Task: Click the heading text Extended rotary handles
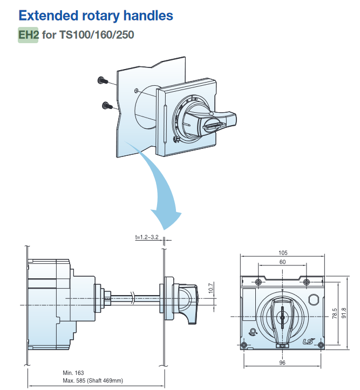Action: (x=96, y=15)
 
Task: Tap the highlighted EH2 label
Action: (x=28, y=36)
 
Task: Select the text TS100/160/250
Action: (x=97, y=36)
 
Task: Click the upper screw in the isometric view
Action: (x=102, y=81)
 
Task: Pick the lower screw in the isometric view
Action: (x=106, y=105)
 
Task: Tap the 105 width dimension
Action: (x=283, y=252)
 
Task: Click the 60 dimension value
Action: (x=283, y=262)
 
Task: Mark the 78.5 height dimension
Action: (x=335, y=313)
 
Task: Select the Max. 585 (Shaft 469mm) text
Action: (x=93, y=380)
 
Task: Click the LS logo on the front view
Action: (x=308, y=341)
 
